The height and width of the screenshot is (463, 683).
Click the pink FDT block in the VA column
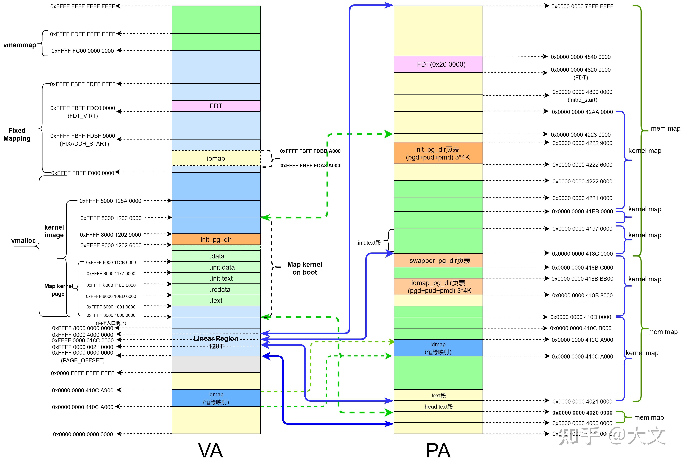pyautogui.click(x=216, y=106)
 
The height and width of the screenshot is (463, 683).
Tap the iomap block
pyautogui.click(x=216, y=158)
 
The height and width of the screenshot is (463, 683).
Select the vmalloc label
pyautogui.click(x=23, y=241)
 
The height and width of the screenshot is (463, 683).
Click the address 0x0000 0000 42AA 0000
pyautogui.click(x=582, y=112)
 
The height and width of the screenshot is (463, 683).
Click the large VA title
pyautogui.click(x=210, y=450)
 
